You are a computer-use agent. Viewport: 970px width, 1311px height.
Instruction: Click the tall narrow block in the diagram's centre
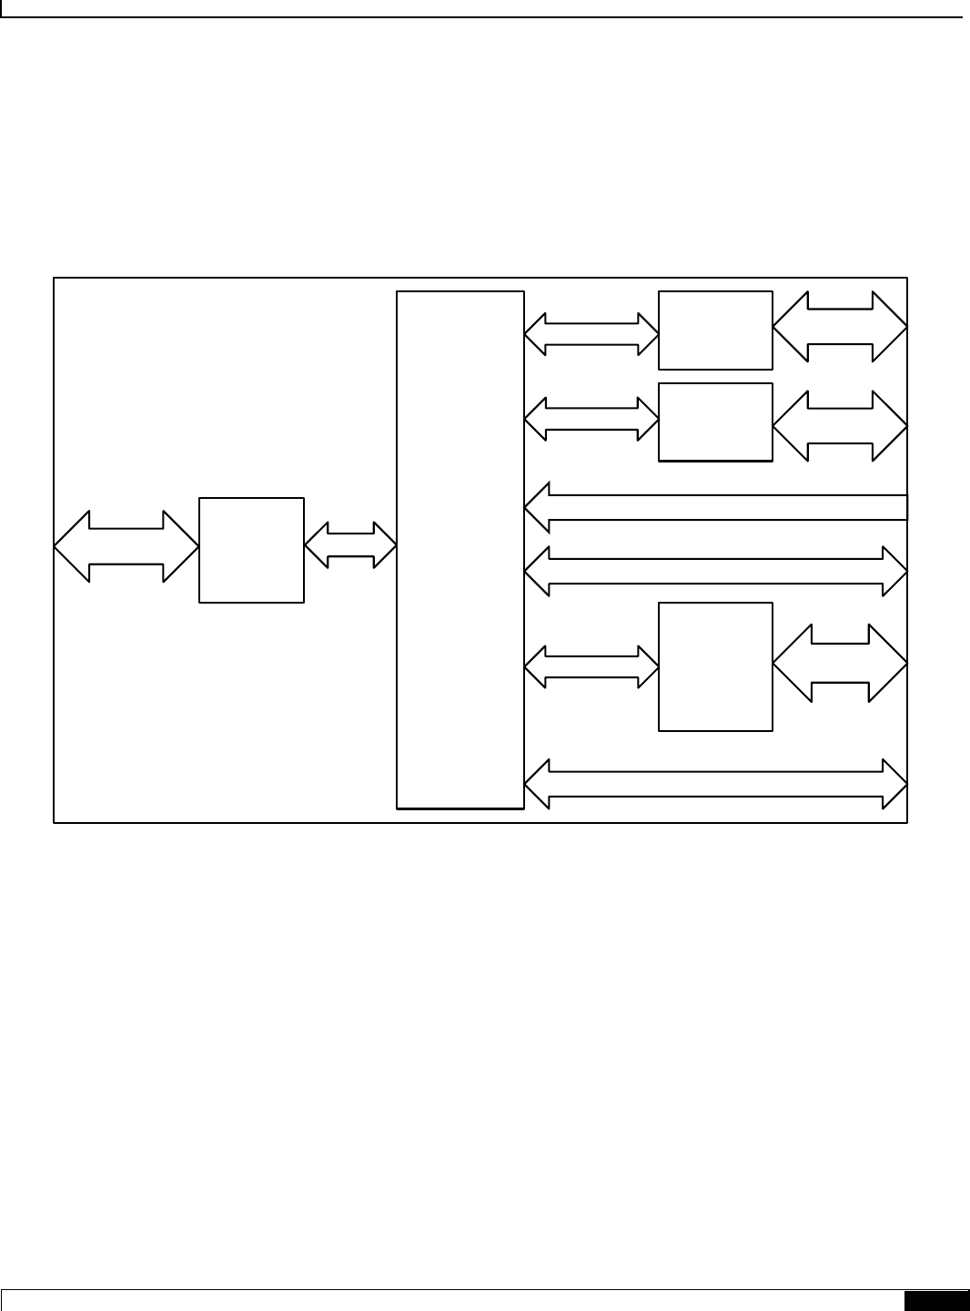[x=460, y=549]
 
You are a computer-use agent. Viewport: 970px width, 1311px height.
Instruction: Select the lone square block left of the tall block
[x=251, y=550]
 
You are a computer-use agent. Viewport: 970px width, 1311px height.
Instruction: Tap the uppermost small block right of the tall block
[x=715, y=330]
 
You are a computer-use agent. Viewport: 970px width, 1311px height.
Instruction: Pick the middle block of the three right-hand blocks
[x=715, y=422]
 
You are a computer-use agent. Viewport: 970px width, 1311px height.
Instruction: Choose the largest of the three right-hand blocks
[x=715, y=666]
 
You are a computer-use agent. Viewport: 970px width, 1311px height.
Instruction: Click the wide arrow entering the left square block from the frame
[x=126, y=546]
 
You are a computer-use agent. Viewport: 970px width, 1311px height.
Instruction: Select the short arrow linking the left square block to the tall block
[x=350, y=546]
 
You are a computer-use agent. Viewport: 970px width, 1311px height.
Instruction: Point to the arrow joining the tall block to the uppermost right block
[x=591, y=334]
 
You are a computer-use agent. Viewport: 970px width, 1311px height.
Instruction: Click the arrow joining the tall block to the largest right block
[x=591, y=666]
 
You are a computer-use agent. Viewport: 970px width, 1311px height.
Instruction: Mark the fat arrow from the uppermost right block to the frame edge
[x=840, y=327]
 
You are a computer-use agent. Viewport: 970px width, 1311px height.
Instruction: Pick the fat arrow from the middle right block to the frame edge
[x=840, y=425]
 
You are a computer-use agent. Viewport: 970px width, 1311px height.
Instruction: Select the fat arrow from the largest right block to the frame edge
[x=840, y=663]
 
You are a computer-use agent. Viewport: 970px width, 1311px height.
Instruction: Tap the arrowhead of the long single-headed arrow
[x=540, y=507]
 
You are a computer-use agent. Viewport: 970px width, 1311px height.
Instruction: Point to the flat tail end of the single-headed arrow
[x=904, y=507]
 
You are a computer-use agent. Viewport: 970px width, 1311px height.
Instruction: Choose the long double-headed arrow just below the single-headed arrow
[x=716, y=571]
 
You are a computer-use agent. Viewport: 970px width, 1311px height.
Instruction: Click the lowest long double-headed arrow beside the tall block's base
[x=716, y=783]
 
